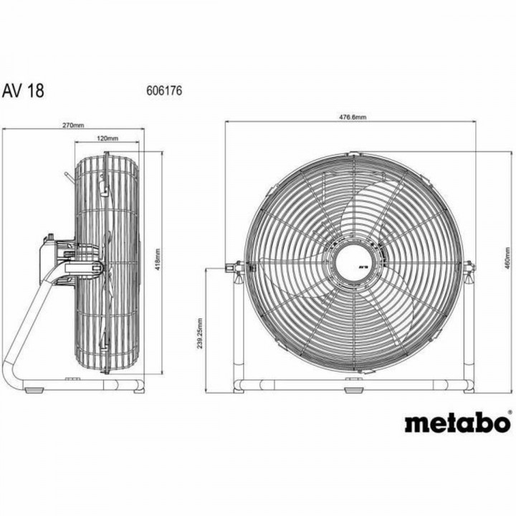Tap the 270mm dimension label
coord(73,125)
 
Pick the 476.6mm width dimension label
coord(353,117)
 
